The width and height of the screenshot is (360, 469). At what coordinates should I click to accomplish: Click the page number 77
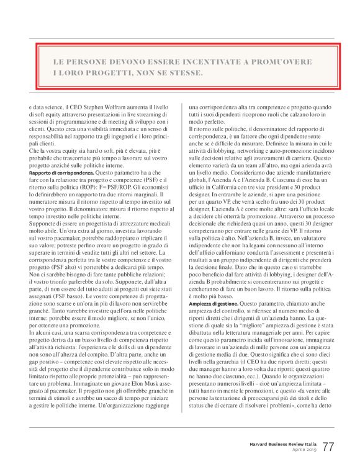[328, 447]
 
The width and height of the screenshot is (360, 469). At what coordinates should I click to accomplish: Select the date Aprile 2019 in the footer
[302, 450]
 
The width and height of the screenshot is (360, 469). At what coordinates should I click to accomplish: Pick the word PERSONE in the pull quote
[89, 63]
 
